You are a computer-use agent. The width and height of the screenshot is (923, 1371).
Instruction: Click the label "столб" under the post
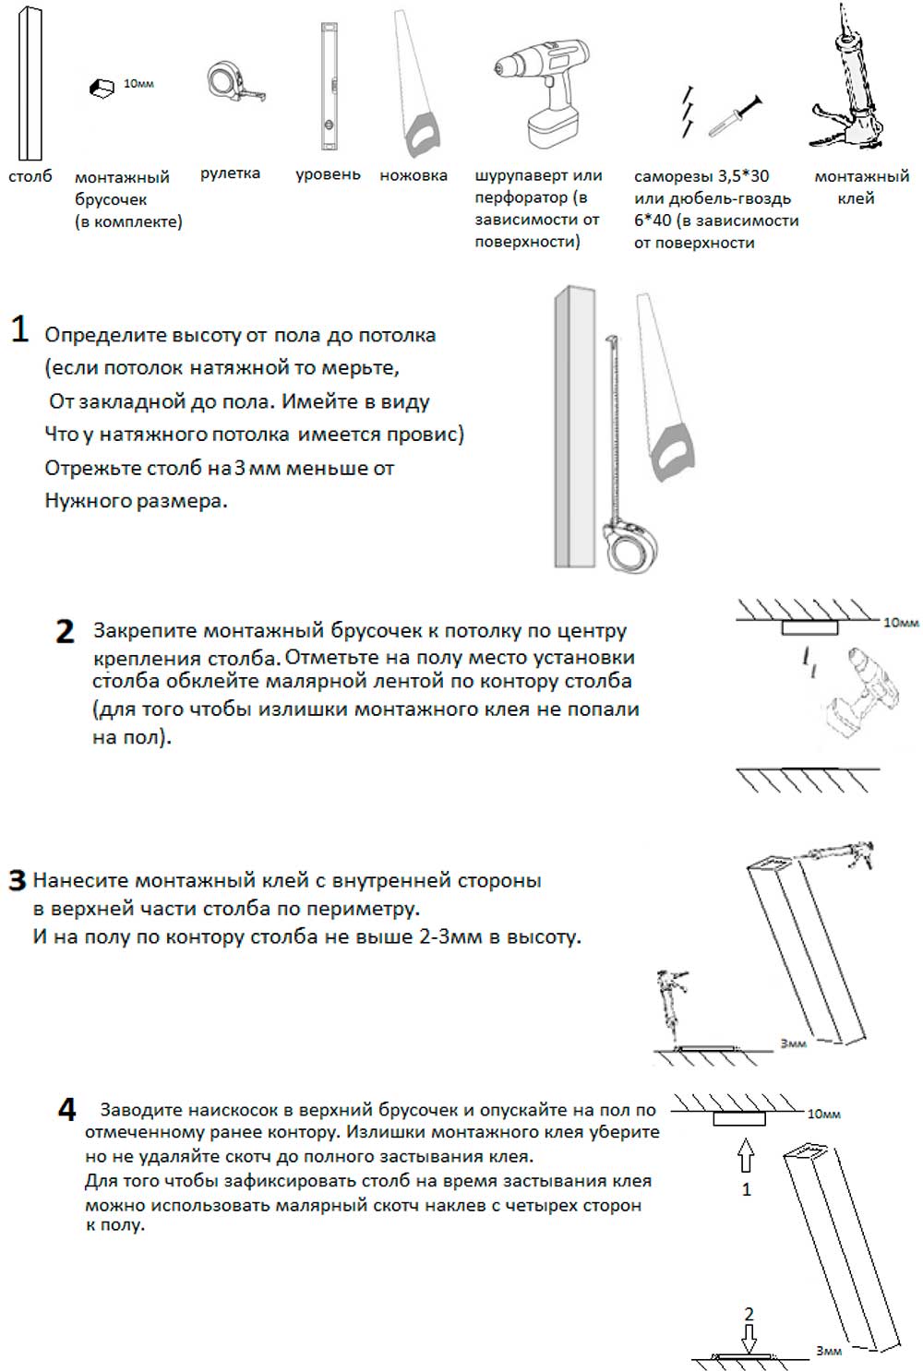(30, 177)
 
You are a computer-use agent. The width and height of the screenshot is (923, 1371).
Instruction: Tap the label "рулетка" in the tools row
(231, 173)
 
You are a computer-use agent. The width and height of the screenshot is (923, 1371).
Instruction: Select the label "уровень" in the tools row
(328, 175)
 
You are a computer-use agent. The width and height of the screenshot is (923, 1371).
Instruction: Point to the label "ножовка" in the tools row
(414, 175)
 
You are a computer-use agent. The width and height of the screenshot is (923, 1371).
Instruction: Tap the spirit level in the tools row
(329, 87)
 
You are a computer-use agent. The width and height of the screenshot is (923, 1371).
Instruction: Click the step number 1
(20, 329)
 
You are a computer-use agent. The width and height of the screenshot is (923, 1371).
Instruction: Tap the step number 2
(65, 632)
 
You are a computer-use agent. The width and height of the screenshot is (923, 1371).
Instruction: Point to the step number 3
(18, 881)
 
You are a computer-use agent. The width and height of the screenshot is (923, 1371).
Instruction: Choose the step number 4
(66, 1110)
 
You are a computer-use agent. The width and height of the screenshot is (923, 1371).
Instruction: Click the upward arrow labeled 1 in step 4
(746, 1155)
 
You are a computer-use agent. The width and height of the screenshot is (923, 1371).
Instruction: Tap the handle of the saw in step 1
(673, 452)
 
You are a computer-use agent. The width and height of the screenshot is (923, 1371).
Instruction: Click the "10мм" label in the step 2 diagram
(901, 623)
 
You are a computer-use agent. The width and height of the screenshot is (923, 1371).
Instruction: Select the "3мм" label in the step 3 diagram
(793, 1043)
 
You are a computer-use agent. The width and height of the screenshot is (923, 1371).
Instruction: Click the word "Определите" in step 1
(105, 336)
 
